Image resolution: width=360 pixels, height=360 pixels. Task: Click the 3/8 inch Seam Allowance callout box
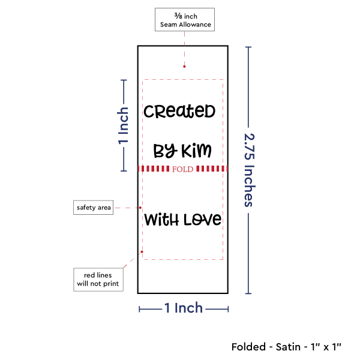click(x=185, y=20)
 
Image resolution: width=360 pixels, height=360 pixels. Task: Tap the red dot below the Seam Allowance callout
click(x=184, y=67)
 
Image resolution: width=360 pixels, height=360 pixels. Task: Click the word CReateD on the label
click(x=179, y=112)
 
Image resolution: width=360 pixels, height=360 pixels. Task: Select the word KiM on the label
click(x=196, y=151)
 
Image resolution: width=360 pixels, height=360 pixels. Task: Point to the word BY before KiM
click(x=166, y=151)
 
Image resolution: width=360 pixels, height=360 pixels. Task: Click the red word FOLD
click(x=183, y=169)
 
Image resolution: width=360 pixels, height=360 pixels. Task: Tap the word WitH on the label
click(x=161, y=220)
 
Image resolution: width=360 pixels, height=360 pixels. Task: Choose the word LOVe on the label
click(x=203, y=220)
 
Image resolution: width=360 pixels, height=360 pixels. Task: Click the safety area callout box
click(x=93, y=208)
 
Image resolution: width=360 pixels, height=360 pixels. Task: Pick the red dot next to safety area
click(x=140, y=208)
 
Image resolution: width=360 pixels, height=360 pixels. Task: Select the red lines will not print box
click(x=98, y=280)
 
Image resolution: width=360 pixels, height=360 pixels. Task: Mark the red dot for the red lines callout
click(x=142, y=252)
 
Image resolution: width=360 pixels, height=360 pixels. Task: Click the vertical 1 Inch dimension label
click(x=123, y=125)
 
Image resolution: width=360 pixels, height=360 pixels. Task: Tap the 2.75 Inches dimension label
click(x=250, y=170)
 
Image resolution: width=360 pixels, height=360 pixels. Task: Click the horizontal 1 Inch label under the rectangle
click(x=184, y=308)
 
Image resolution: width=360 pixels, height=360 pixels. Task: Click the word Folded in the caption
click(x=248, y=347)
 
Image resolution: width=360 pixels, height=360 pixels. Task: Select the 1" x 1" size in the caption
click(x=326, y=347)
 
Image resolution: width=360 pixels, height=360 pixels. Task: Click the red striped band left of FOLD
click(x=154, y=169)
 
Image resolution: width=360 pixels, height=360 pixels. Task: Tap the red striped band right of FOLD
click(x=212, y=169)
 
